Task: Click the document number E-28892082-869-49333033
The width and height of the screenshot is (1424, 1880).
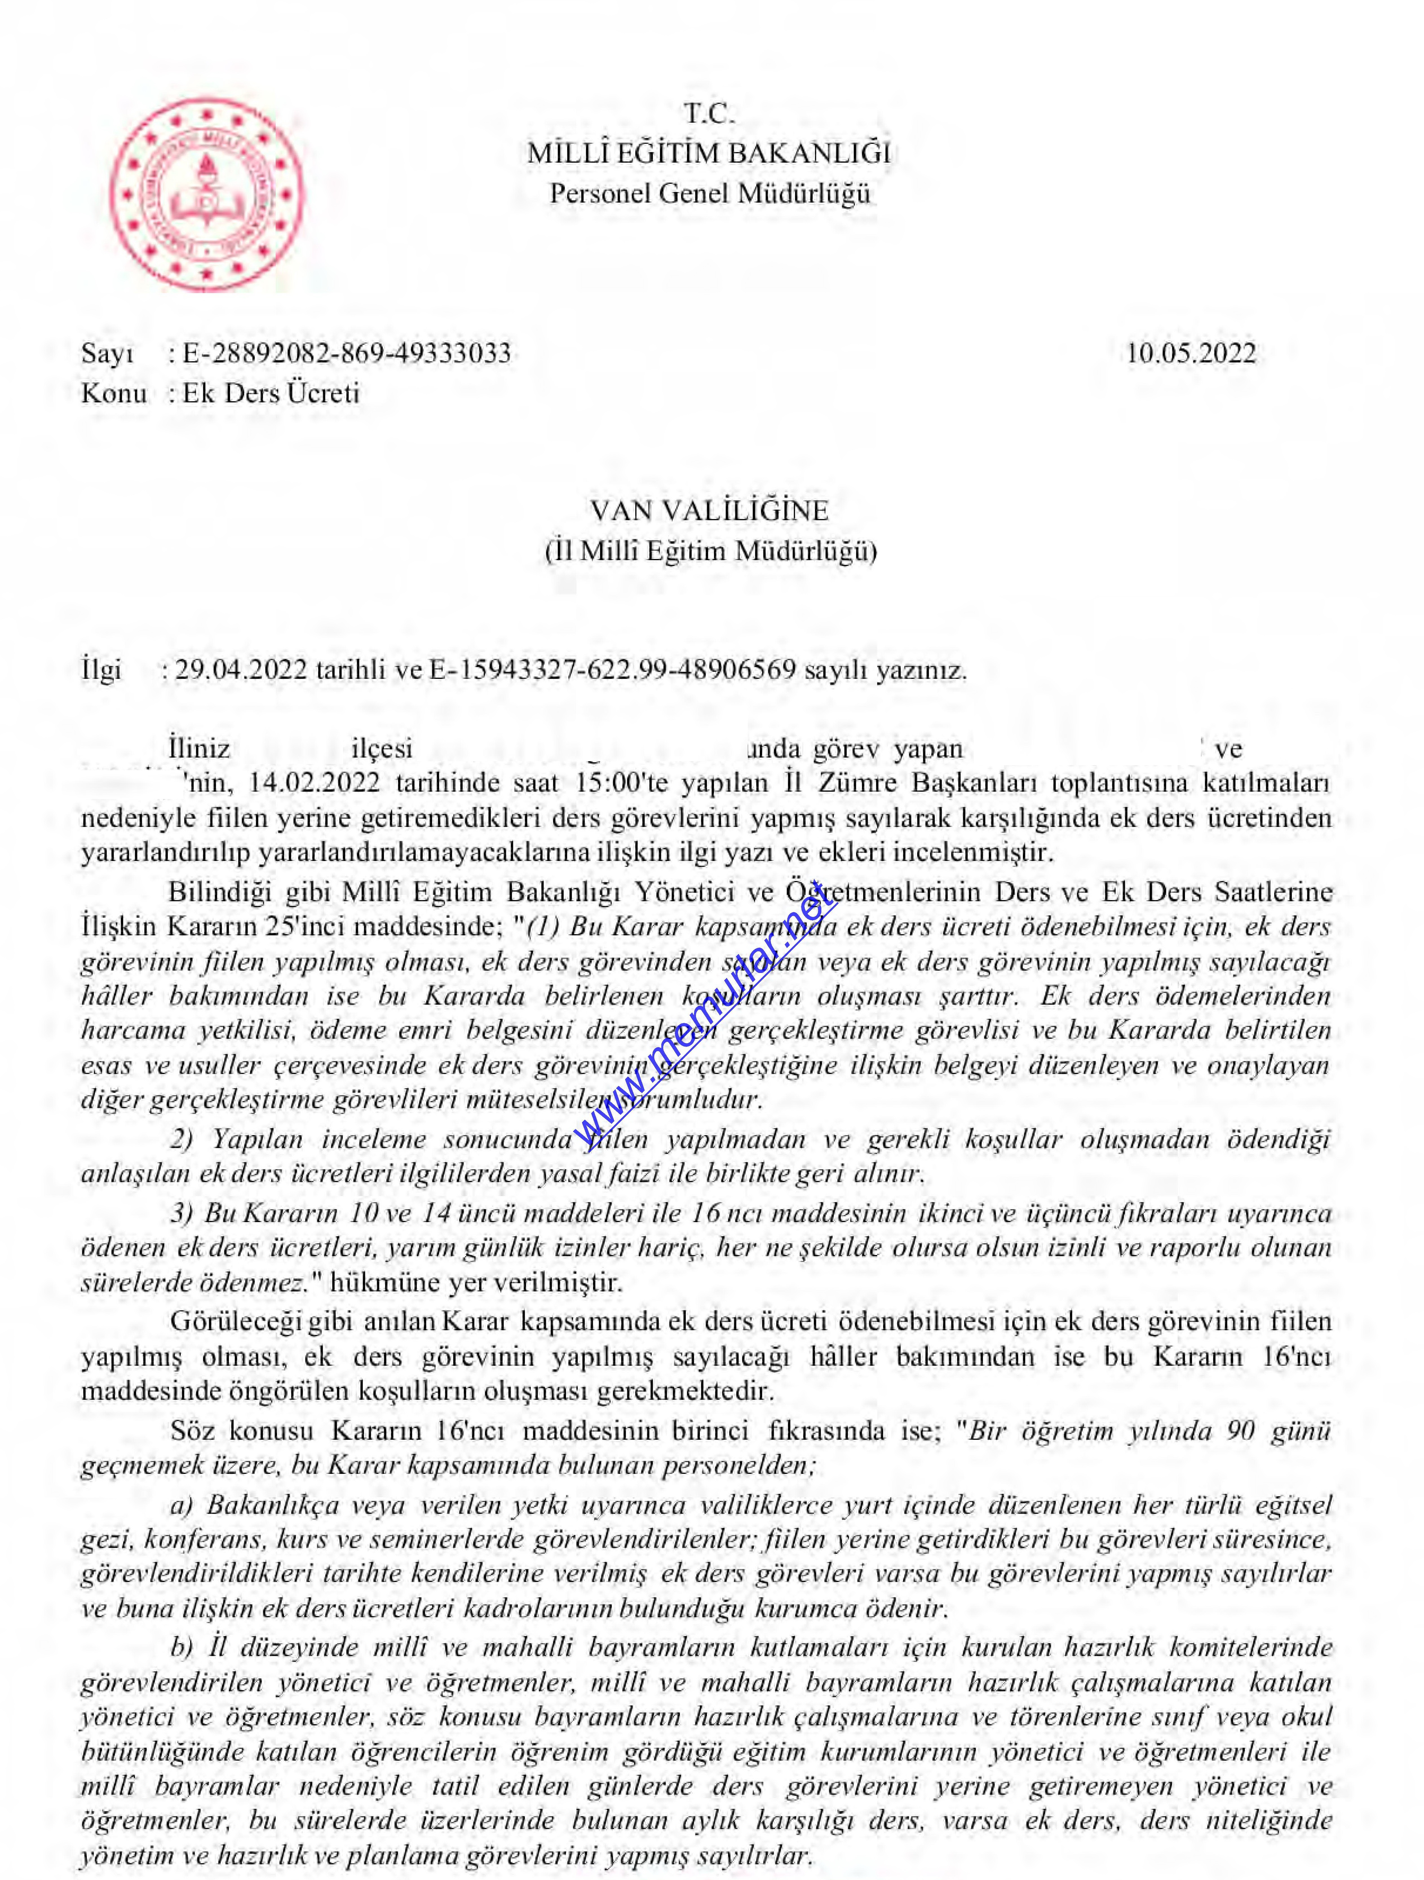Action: click(x=347, y=354)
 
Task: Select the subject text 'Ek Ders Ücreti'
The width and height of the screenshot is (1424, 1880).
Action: click(x=271, y=393)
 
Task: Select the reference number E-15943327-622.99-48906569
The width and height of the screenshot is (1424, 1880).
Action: click(x=613, y=671)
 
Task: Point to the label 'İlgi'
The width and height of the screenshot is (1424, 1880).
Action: click(x=101, y=671)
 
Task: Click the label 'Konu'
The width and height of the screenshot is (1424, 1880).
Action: click(x=114, y=393)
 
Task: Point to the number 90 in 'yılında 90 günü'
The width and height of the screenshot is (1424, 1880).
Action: click(x=1241, y=1430)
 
